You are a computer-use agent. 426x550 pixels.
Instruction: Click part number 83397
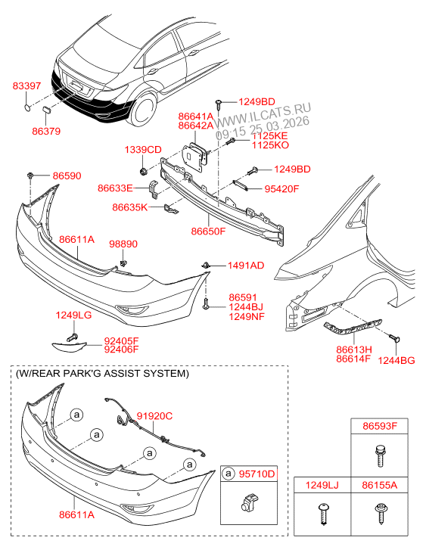[26, 85]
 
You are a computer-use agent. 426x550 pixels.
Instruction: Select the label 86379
[46, 131]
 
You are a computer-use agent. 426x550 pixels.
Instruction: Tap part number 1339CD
[143, 150]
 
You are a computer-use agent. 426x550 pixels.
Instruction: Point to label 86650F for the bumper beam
[208, 231]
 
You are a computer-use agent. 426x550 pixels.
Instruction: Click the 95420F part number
[281, 189]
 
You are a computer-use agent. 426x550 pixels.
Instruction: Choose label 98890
[123, 244]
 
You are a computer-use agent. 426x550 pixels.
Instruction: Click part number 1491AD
[246, 266]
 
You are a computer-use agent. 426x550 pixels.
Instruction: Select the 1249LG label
[73, 315]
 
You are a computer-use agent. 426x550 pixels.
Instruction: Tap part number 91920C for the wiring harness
[155, 416]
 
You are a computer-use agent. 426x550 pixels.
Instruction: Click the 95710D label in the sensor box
[257, 474]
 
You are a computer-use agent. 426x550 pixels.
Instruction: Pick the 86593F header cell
[380, 426]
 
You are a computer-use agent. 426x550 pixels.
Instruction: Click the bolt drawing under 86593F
[380, 455]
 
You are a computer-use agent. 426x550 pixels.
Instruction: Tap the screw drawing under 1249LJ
[323, 514]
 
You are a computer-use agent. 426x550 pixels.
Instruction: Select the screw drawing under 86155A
[380, 513]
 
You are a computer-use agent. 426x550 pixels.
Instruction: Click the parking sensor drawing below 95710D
[249, 502]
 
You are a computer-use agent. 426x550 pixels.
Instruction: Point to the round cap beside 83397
[27, 107]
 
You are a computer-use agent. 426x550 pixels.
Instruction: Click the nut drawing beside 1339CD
[143, 172]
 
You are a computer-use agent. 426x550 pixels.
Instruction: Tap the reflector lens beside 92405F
[70, 346]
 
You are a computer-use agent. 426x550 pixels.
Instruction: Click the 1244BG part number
[396, 361]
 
